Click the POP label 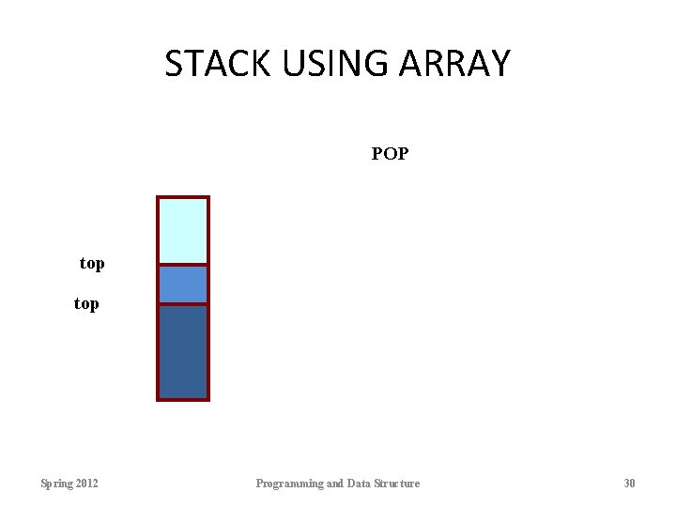pos(390,153)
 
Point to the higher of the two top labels pos(92,264)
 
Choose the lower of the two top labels pos(86,304)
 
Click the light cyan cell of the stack pos(183,231)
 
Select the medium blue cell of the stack pos(183,284)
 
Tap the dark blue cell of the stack pos(183,351)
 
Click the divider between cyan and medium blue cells pos(183,266)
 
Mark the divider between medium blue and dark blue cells pos(183,304)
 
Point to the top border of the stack pos(183,197)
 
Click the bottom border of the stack pos(183,399)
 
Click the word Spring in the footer pos(56,484)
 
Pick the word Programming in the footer pos(288,484)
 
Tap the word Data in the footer pos(359,484)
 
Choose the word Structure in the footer pos(397,484)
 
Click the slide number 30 pos(629,484)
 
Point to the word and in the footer pos(334,484)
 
